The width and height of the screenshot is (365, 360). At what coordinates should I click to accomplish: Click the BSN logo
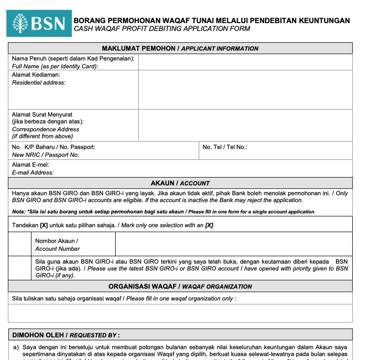(x=39, y=23)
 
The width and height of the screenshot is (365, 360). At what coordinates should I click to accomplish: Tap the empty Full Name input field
(x=245, y=62)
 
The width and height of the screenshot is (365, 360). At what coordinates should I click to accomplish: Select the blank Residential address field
(x=245, y=90)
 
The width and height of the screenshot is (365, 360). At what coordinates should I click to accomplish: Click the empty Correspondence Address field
(x=245, y=125)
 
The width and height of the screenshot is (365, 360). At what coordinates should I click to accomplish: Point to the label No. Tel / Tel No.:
(x=225, y=147)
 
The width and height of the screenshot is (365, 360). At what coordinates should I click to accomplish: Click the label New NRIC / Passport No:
(x=45, y=155)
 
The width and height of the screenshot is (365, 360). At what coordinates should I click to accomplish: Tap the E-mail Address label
(x=33, y=173)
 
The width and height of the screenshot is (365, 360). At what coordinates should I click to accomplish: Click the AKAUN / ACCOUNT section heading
(x=180, y=183)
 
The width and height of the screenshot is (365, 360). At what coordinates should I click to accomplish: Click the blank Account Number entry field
(x=233, y=244)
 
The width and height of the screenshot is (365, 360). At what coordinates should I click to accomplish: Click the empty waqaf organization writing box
(x=180, y=313)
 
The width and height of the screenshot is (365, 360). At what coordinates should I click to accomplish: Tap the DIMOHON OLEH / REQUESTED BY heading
(x=66, y=335)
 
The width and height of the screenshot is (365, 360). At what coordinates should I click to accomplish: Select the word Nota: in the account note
(x=19, y=211)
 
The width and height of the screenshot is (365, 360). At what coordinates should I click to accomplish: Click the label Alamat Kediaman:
(x=36, y=75)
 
